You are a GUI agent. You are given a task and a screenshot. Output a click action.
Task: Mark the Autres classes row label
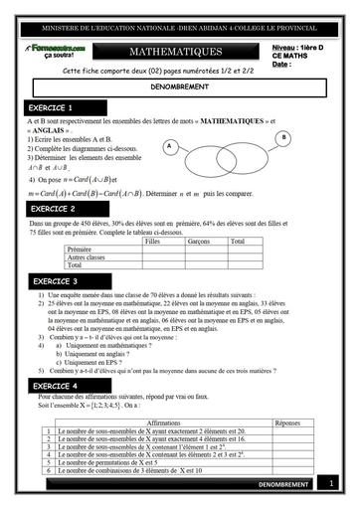[89, 256]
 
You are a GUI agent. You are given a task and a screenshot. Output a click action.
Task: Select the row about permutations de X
[129, 462]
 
